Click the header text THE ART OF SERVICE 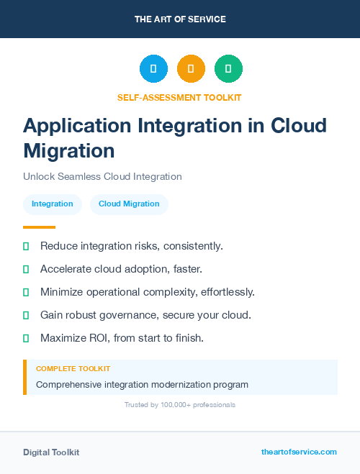(180, 19)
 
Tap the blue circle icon (153, 69)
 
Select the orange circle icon (191, 69)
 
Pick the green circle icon (228, 69)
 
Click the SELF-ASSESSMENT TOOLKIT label (179, 97)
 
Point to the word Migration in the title (69, 151)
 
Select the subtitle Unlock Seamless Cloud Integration (102, 176)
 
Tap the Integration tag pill (53, 204)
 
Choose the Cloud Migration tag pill (129, 204)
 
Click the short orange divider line (40, 227)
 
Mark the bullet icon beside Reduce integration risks (26, 246)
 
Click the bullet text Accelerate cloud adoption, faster (121, 269)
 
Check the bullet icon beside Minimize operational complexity (26, 292)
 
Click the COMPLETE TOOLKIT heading (73, 368)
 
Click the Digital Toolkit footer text (51, 452)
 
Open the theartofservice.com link (299, 452)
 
